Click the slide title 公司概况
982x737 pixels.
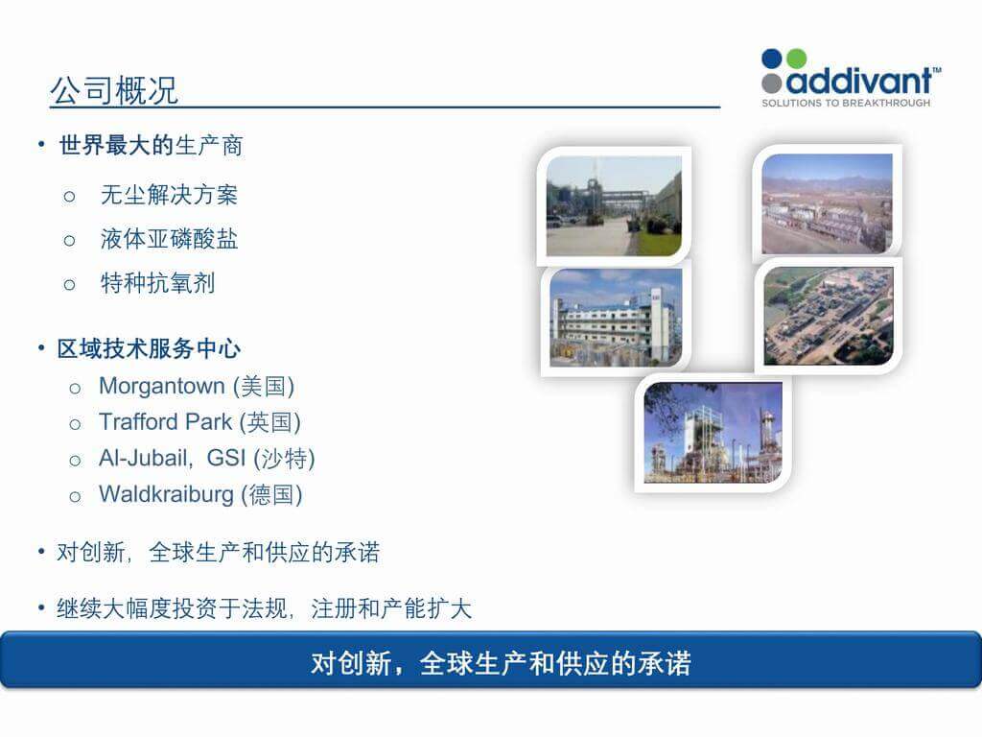[113, 91]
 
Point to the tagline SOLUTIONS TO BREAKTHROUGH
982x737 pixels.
[845, 103]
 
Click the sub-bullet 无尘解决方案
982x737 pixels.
[169, 196]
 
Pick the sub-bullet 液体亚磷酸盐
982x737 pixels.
[169, 240]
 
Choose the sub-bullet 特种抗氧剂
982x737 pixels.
[157, 284]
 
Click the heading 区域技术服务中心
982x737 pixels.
[149, 348]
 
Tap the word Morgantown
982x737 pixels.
[161, 387]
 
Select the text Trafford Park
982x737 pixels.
[165, 422]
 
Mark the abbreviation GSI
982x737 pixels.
[226, 459]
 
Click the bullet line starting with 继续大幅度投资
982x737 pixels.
[264, 609]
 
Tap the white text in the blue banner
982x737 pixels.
[500, 663]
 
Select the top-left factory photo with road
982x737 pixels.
[614, 205]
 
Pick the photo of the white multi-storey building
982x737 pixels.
[615, 317]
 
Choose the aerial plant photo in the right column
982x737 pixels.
[828, 316]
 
